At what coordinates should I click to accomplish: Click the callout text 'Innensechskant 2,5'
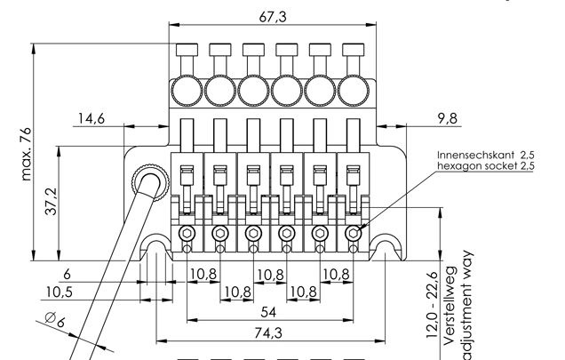tap(485, 155)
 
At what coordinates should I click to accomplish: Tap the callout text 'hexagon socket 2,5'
tap(485, 166)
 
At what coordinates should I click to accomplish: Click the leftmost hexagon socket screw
tap(187, 234)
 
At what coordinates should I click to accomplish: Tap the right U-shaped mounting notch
tap(386, 248)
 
